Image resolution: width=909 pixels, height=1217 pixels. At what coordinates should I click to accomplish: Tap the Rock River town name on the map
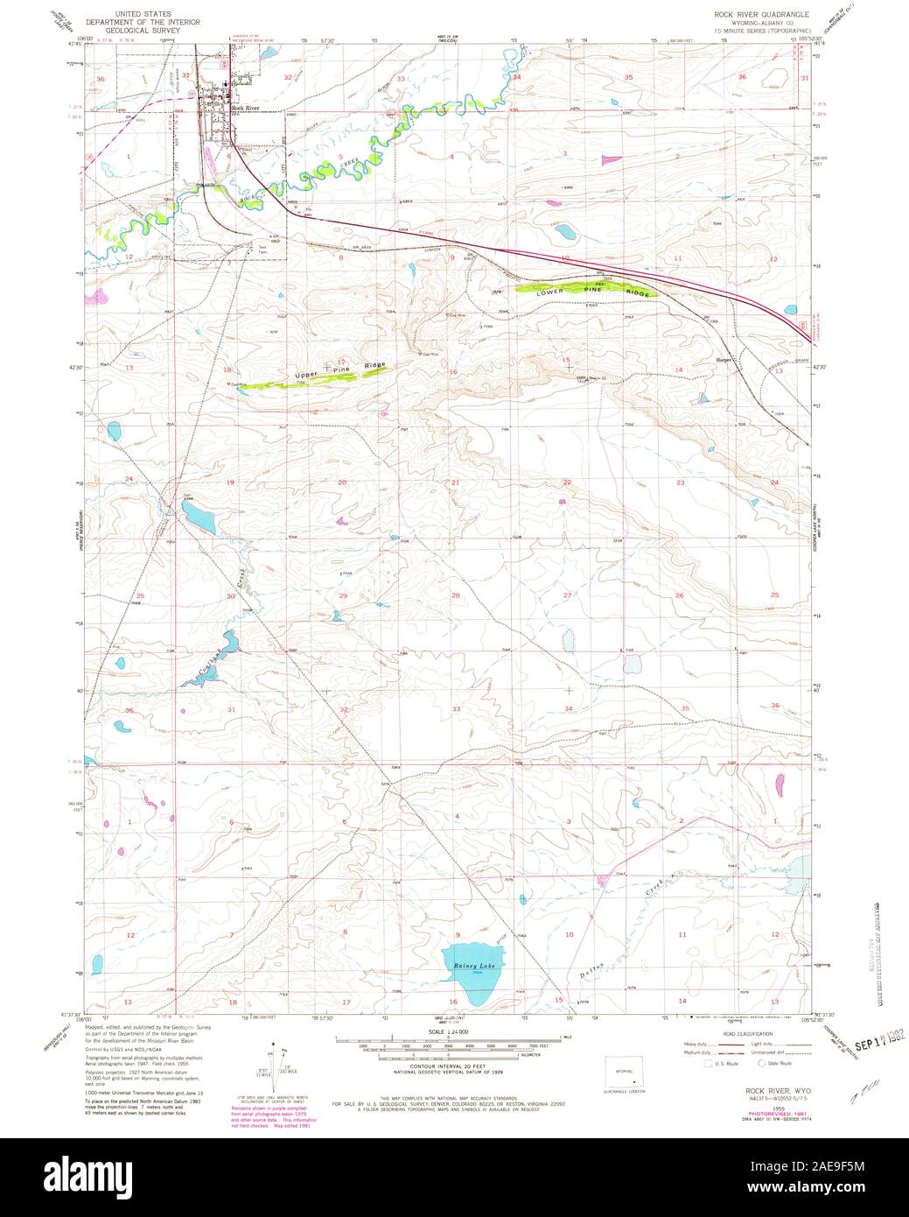(246, 108)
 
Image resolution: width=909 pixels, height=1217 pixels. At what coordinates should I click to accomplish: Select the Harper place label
(723, 360)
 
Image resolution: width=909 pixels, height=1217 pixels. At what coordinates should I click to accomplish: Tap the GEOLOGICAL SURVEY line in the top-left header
(141, 30)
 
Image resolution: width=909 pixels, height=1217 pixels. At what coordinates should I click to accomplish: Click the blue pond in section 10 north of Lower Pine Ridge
(565, 233)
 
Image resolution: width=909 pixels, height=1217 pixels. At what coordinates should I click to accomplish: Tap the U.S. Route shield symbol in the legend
(696, 1064)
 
